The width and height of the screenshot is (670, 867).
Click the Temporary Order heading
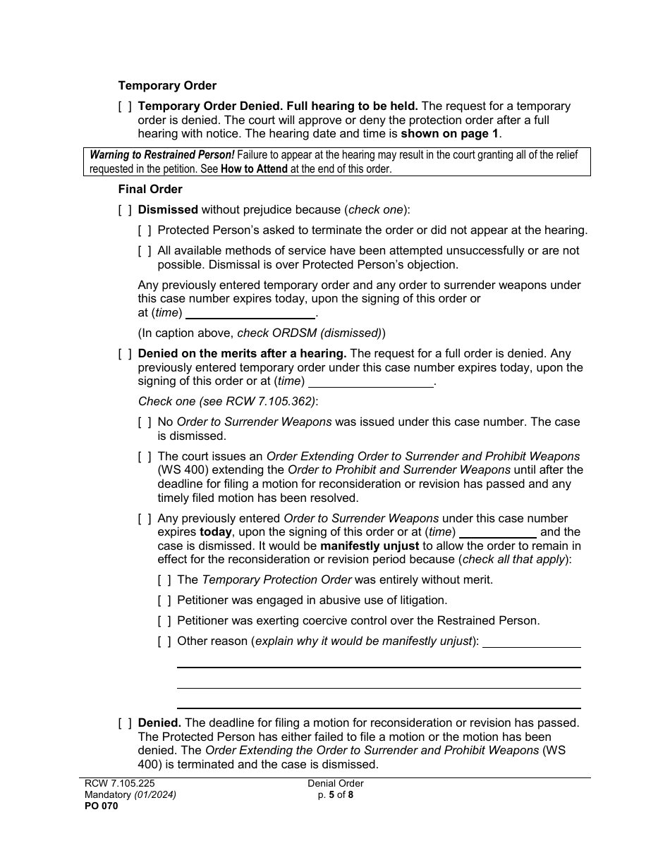pyautogui.click(x=167, y=85)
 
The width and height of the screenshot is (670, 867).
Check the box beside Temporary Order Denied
pyautogui.click(x=125, y=106)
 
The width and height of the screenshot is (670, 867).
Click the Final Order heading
pyautogui.click(x=150, y=189)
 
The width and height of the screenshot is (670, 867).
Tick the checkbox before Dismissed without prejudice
pyautogui.click(x=125, y=209)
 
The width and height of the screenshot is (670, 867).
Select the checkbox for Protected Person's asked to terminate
pyautogui.click(x=145, y=230)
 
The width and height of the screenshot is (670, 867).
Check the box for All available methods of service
pyautogui.click(x=145, y=250)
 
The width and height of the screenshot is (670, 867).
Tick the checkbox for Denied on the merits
pyautogui.click(x=125, y=353)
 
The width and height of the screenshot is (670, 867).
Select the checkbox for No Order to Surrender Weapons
pyautogui.click(x=145, y=422)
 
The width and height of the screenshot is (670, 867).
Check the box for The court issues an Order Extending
pyautogui.click(x=145, y=456)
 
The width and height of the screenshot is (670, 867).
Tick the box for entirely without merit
pyautogui.click(x=164, y=579)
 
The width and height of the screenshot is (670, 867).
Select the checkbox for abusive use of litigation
pyautogui.click(x=164, y=600)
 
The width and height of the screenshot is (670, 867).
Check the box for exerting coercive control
pyautogui.click(x=164, y=620)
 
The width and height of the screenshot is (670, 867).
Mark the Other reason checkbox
pyautogui.click(x=164, y=641)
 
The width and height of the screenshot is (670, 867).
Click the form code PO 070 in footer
pyautogui.click(x=98, y=806)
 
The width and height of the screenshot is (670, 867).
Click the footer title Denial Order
pyautogui.click(x=335, y=783)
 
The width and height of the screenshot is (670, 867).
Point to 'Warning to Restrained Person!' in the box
pyautogui.click(x=162, y=154)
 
